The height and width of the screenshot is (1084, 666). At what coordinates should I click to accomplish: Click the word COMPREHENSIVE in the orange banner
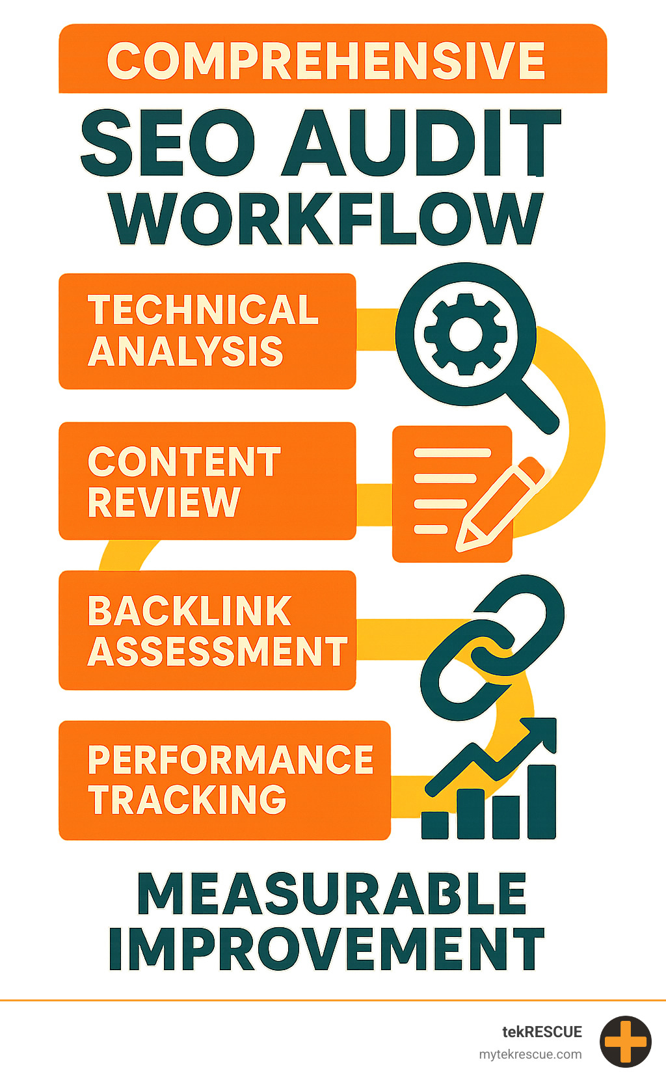(x=326, y=61)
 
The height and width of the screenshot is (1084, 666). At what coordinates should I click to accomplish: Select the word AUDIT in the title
(x=421, y=143)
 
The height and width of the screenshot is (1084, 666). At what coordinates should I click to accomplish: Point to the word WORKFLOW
(x=326, y=219)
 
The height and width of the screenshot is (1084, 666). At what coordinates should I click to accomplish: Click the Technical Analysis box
(x=207, y=331)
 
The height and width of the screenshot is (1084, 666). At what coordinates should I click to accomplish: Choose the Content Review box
(x=207, y=481)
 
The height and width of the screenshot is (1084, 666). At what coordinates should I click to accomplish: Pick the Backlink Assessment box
(x=207, y=630)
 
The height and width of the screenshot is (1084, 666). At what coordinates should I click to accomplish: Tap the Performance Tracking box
(x=224, y=780)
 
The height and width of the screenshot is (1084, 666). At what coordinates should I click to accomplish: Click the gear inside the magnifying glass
(x=465, y=334)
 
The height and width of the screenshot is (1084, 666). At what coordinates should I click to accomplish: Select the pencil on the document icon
(x=501, y=505)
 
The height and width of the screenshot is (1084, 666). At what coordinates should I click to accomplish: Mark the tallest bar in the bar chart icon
(x=541, y=802)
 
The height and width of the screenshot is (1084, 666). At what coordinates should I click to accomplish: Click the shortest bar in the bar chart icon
(x=434, y=824)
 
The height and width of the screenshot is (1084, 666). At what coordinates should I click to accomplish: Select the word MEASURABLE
(x=332, y=894)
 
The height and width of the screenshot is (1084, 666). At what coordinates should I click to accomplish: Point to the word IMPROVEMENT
(x=326, y=949)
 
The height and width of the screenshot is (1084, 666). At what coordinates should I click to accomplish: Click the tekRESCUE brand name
(x=542, y=1032)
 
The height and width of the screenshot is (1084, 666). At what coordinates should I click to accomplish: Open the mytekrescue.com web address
(x=530, y=1055)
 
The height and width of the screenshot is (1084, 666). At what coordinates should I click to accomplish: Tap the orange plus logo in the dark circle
(x=625, y=1042)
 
